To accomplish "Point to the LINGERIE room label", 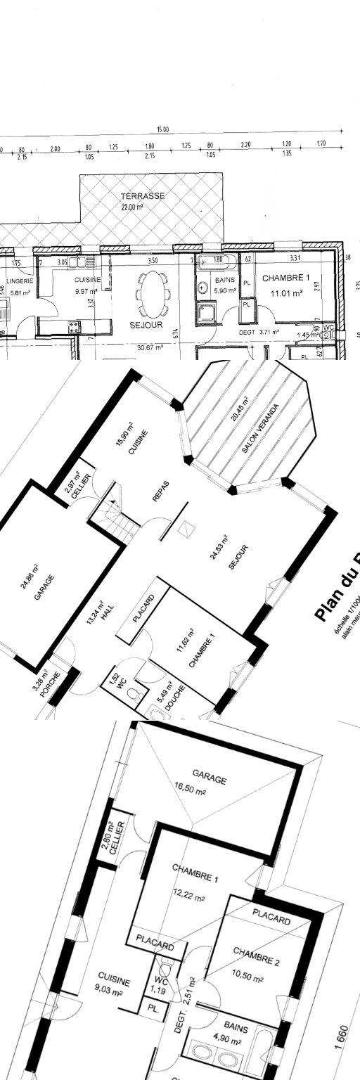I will [x=20, y=281].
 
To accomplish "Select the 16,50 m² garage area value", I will [x=190, y=791].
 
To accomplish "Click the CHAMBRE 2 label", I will [x=256, y=956].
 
